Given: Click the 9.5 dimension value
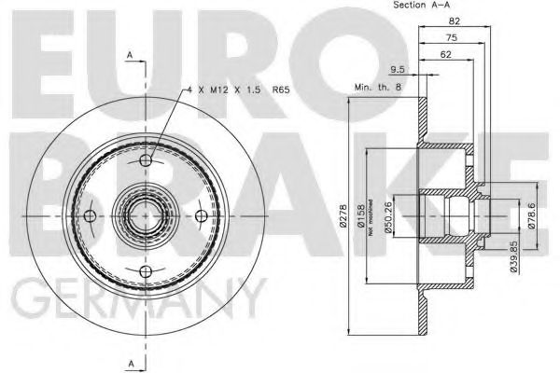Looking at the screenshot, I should click(397, 68).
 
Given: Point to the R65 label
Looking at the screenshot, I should click(279, 90).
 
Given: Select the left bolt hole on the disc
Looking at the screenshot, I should click(90, 216).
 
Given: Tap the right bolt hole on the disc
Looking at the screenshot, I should click(200, 216).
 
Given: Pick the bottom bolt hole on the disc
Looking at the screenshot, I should click(145, 271).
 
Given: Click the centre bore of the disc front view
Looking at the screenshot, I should click(145, 216).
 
